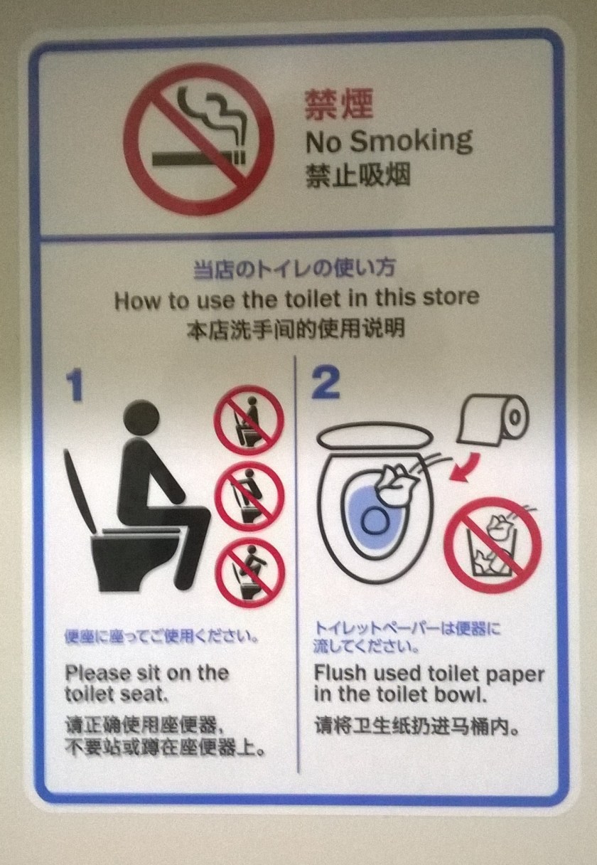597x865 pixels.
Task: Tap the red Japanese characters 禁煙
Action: pyautogui.click(x=339, y=104)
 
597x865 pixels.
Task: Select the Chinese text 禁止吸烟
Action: pyautogui.click(x=357, y=176)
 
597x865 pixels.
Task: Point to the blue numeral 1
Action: pyautogui.click(x=75, y=386)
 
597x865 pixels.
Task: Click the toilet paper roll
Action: pyautogui.click(x=493, y=419)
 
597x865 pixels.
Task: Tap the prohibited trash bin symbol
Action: pyautogui.click(x=493, y=546)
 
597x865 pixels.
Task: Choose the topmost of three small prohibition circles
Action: pyautogui.click(x=249, y=420)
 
